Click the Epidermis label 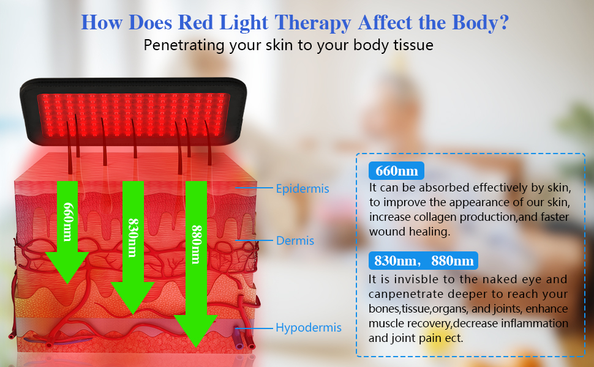coord(302,189)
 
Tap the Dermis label coord(295,241)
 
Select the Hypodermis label coord(308,328)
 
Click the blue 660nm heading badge coord(393,170)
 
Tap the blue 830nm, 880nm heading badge coord(423,261)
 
